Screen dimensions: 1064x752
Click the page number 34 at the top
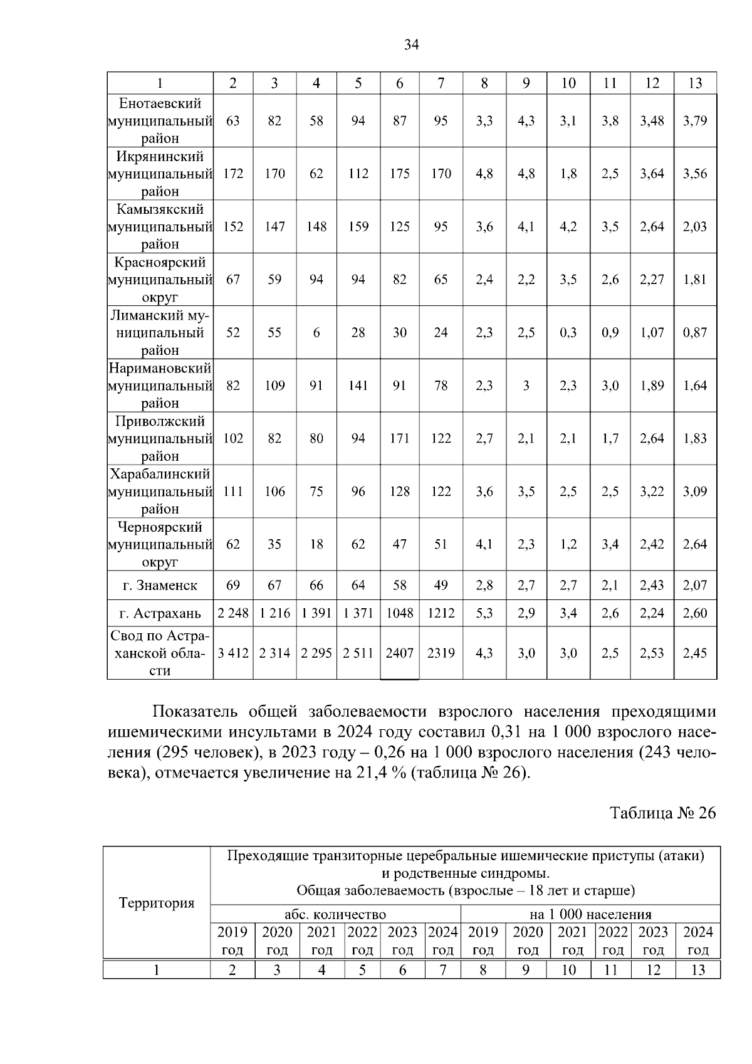point(412,45)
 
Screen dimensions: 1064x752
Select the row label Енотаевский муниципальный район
point(160,120)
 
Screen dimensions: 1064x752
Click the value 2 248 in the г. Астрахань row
point(233,613)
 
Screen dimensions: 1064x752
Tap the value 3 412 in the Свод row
point(233,653)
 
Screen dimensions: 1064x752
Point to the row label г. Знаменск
point(160,586)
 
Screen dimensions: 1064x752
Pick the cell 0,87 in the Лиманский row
point(695,333)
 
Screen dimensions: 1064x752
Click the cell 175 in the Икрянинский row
point(399,174)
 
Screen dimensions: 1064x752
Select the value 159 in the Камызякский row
point(358,226)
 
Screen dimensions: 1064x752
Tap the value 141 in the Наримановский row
point(358,386)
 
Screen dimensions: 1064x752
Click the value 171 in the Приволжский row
point(399,439)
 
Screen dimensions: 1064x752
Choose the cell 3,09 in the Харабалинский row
point(695,492)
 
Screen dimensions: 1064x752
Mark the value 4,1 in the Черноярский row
point(484,544)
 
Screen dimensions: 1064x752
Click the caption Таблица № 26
point(662,813)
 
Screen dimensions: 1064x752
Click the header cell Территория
point(157,903)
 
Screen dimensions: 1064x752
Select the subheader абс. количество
point(335,915)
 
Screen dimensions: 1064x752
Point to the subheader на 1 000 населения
point(590,915)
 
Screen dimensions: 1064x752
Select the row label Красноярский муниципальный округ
point(160,280)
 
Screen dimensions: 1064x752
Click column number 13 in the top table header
point(695,83)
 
